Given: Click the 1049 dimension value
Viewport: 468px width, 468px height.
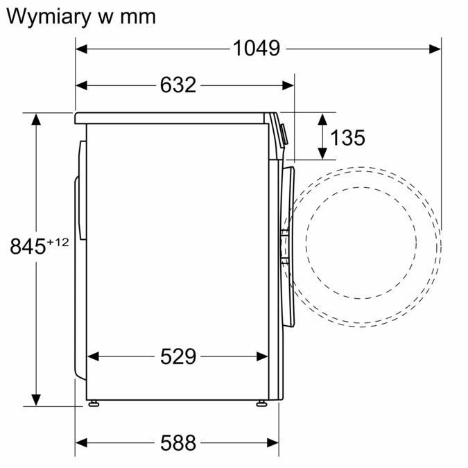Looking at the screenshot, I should point(257,49).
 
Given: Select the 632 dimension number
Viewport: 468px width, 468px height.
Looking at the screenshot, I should point(178,85).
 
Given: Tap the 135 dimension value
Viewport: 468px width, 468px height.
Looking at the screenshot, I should point(347,138).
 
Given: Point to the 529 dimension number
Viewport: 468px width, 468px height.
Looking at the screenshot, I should point(178,356).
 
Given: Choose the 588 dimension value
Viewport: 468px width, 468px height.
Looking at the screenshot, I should point(178,442).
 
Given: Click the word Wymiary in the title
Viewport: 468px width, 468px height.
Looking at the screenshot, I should point(49,16).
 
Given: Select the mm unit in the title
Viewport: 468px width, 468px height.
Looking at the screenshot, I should point(136,17).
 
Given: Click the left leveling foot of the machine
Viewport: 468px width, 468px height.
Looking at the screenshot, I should point(92,403).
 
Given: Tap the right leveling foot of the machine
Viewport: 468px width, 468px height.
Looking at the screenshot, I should point(261,403).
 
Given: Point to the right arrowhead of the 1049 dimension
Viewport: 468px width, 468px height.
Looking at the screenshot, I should point(435,49).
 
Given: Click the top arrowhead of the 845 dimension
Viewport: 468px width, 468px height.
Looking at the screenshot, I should point(35,119).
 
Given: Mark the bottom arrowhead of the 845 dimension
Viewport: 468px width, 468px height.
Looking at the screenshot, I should point(35,400).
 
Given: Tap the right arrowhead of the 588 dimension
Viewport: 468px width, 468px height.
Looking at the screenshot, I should point(272,442).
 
